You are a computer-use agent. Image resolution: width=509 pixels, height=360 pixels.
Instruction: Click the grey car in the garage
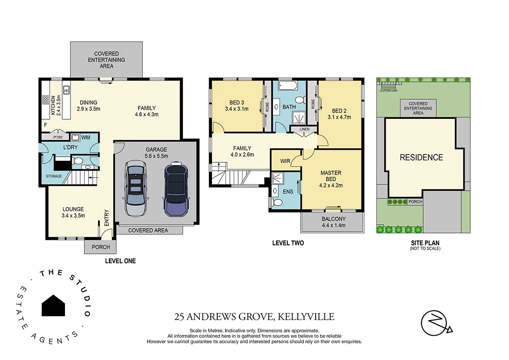point(137,188)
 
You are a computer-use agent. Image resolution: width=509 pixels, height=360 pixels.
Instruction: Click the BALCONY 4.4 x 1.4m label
point(333,222)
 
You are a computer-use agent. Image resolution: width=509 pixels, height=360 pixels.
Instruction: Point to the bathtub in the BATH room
point(287,85)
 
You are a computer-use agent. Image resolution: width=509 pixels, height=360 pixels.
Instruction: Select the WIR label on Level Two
point(285,161)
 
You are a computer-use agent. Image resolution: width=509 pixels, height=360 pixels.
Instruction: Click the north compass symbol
point(436,323)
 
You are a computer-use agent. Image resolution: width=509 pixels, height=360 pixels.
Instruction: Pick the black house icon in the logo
point(53,306)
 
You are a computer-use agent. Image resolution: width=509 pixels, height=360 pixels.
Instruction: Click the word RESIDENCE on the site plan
point(421,158)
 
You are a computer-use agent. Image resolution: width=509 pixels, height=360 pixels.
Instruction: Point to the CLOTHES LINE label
point(389,91)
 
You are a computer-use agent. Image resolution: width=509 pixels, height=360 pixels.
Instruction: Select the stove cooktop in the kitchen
point(45,100)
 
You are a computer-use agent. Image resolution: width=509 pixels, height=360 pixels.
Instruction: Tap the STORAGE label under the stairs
point(54,176)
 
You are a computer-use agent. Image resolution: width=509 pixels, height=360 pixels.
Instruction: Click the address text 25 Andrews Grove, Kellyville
point(254,317)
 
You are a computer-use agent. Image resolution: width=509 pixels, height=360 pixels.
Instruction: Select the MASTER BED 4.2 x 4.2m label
point(331,178)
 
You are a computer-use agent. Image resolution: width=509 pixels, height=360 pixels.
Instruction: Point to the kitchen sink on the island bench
point(67,91)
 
